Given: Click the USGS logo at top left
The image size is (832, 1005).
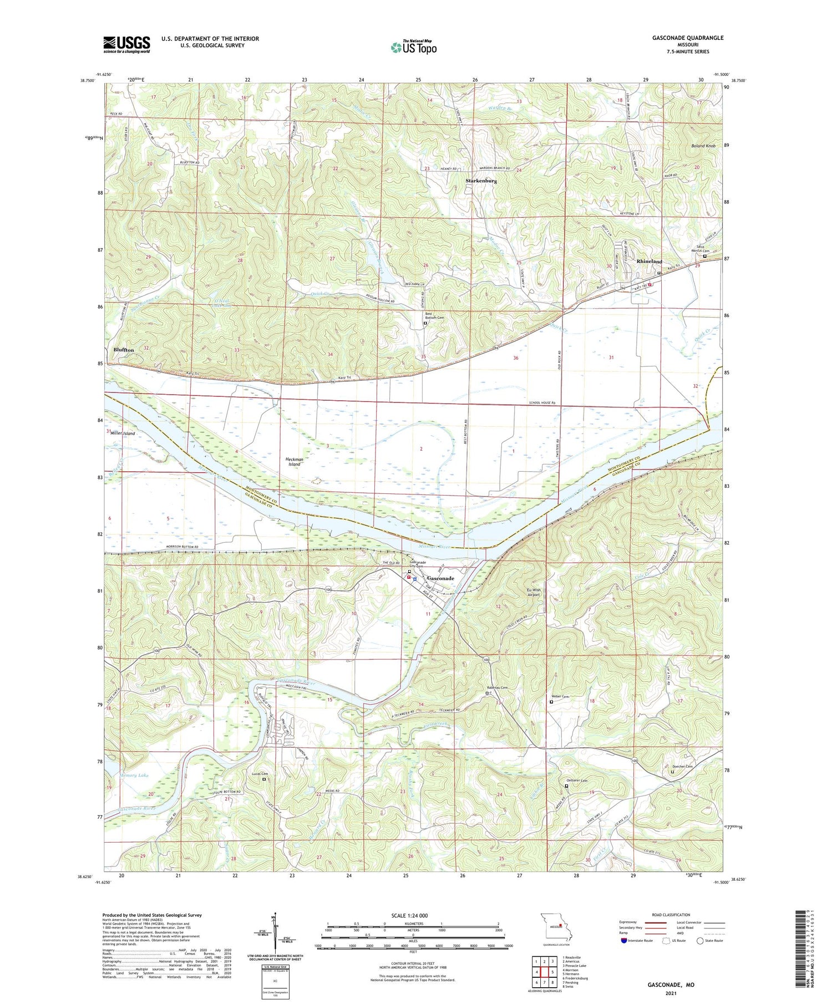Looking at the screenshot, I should [126, 44].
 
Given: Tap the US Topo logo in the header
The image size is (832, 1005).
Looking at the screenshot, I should [413, 47].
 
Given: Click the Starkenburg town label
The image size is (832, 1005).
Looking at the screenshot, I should [480, 181].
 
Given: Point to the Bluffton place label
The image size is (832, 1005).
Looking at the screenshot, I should [123, 350].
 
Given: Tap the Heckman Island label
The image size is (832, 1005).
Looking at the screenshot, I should [294, 462].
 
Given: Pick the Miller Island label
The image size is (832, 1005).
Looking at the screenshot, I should [123, 433].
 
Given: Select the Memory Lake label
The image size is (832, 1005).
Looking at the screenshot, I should [134, 775].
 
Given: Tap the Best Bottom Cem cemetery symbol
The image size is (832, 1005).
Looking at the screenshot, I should [425, 323].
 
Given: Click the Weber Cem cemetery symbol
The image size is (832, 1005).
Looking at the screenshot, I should [551, 702].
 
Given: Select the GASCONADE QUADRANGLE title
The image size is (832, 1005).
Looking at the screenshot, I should [689, 38].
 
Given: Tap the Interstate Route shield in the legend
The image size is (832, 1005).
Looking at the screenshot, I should [624, 940].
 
